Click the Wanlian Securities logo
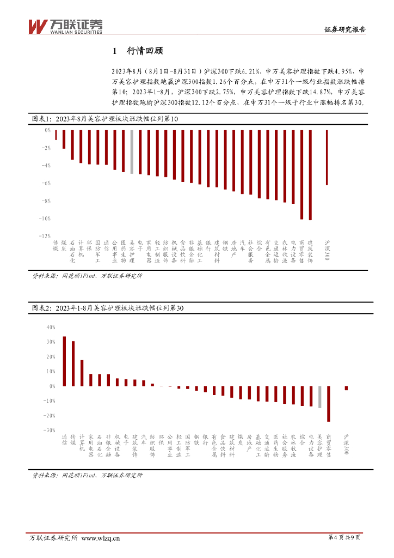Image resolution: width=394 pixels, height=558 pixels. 65,26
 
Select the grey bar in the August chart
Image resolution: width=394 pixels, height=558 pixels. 132,151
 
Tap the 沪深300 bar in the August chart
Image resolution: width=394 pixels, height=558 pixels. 327,157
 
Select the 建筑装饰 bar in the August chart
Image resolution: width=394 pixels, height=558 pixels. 310,175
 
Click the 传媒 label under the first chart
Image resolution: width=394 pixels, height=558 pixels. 56,245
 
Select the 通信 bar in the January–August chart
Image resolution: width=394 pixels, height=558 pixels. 64,361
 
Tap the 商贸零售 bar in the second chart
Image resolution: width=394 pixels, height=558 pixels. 328,404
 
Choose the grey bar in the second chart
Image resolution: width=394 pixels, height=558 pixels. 319,397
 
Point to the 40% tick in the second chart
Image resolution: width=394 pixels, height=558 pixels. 51,327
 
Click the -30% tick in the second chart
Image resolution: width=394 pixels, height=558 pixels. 50,430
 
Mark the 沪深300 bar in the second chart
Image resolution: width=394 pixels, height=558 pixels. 346,388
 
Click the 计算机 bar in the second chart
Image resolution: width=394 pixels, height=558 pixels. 82,373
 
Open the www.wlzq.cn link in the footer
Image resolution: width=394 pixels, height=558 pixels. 101,539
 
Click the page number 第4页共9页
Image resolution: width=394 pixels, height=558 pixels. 344,538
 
